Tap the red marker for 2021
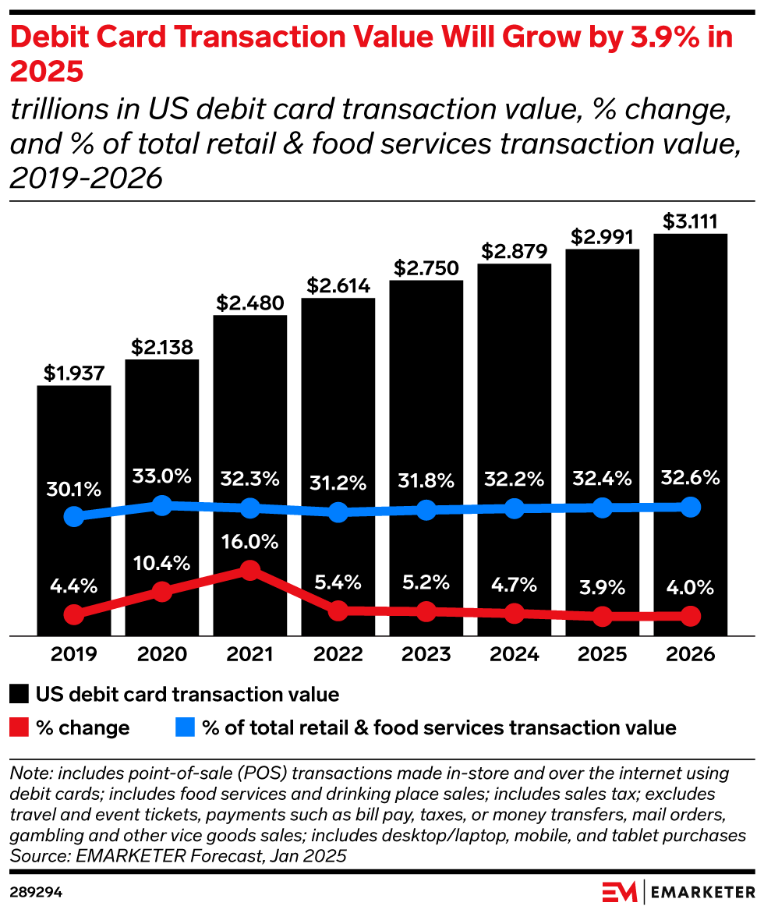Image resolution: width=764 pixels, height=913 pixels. (x=250, y=571)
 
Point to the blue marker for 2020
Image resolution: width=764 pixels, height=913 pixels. (x=162, y=505)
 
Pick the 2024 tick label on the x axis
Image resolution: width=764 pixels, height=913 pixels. (x=515, y=654)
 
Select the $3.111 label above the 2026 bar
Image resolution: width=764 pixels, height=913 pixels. (x=691, y=221)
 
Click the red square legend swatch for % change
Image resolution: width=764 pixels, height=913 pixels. (x=20, y=728)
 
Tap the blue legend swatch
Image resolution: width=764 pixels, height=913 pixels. (x=183, y=728)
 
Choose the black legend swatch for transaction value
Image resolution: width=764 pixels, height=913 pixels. (x=20, y=694)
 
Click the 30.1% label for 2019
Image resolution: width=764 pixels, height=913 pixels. (x=74, y=490)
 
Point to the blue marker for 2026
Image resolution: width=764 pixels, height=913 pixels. (x=691, y=508)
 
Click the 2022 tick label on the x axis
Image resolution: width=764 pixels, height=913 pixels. (x=338, y=654)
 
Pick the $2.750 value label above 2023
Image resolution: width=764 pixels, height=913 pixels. (x=426, y=267)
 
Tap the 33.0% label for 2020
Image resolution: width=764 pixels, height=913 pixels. (x=162, y=476)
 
